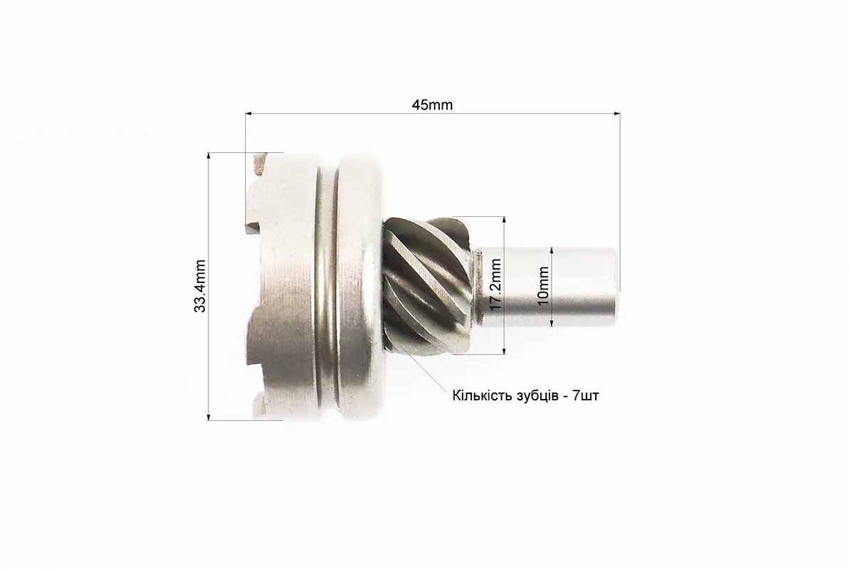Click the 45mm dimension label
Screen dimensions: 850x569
click(x=432, y=105)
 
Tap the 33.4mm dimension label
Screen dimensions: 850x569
click(x=200, y=287)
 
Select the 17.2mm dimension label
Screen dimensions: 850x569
click(x=495, y=284)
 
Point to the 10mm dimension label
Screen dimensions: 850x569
click(x=543, y=287)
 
